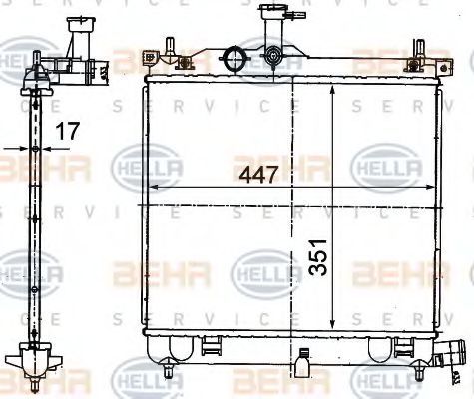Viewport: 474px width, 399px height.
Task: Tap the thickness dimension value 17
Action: point(67,130)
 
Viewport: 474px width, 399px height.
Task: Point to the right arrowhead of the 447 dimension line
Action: point(434,188)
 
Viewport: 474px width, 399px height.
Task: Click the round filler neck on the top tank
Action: point(237,57)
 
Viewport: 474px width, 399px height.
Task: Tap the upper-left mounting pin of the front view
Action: point(168,50)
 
